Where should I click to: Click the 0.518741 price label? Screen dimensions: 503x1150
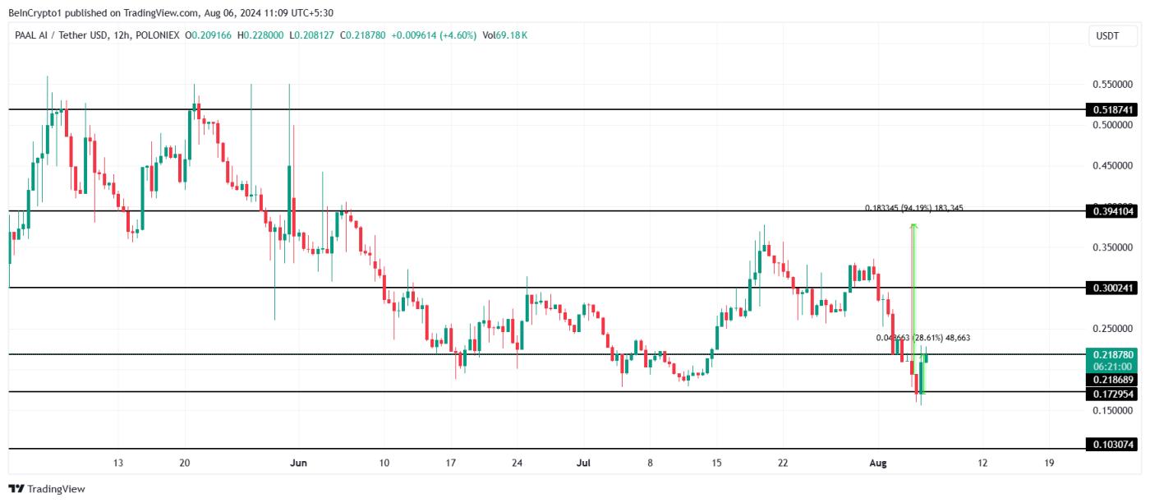click(x=1113, y=109)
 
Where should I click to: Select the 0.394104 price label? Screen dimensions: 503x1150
click(x=1113, y=211)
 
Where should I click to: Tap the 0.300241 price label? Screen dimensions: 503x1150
click(x=1113, y=288)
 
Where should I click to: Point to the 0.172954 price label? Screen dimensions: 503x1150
click(x=1113, y=394)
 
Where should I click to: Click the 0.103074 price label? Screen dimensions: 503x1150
click(x=1113, y=445)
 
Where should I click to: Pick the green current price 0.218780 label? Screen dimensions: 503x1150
click(x=1113, y=354)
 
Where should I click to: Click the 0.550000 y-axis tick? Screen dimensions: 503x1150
click(x=1113, y=85)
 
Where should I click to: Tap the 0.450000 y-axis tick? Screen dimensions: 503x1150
click(x=1113, y=166)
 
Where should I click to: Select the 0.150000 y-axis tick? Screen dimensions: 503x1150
click(x=1113, y=410)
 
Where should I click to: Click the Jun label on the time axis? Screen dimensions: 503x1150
click(x=299, y=463)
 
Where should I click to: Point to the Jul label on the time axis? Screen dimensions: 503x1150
click(x=583, y=463)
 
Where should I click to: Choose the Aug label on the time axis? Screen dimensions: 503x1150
click(x=878, y=463)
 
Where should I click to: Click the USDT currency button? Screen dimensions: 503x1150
click(x=1107, y=35)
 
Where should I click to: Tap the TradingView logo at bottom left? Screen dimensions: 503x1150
click(x=47, y=489)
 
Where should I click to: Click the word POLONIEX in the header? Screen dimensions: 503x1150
click(x=158, y=35)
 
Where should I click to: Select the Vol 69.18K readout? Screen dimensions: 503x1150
click(x=505, y=35)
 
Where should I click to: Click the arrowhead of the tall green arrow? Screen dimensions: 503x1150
click(x=914, y=225)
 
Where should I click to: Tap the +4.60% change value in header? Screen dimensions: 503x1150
click(x=458, y=35)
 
